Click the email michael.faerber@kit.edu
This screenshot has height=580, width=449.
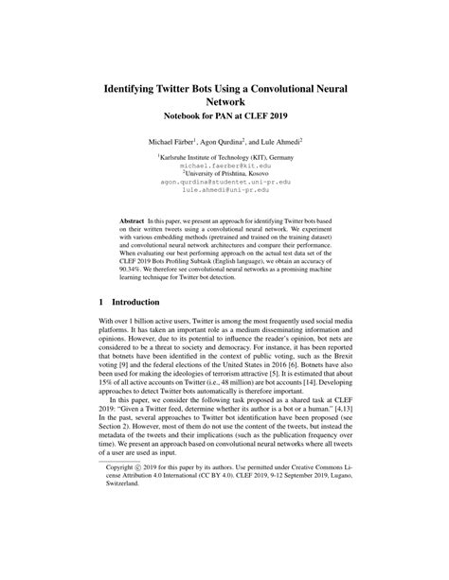click(224, 165)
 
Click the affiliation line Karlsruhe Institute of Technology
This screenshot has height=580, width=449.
click(224, 156)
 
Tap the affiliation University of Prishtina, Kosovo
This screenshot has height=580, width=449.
click(224, 172)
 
